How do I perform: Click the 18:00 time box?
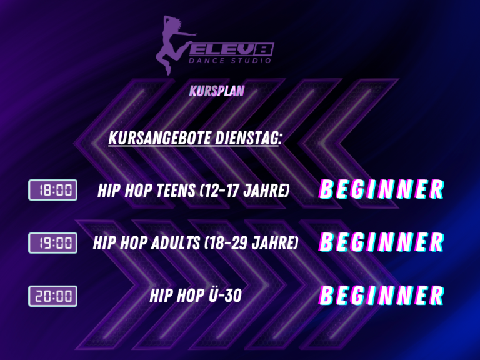(52, 190)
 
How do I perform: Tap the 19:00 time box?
(52, 242)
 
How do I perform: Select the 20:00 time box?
(52, 296)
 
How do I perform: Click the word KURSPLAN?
(217, 91)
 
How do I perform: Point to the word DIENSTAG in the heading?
(248, 137)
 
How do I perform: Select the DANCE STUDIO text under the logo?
(230, 60)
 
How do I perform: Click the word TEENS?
(176, 191)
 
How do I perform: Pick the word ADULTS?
(176, 243)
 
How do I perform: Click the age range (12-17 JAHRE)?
(244, 191)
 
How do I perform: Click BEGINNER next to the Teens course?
(381, 189)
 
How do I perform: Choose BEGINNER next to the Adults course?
(381, 242)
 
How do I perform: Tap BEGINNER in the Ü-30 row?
(381, 296)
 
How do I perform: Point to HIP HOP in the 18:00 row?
(125, 191)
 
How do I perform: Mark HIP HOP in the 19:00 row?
(120, 243)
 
